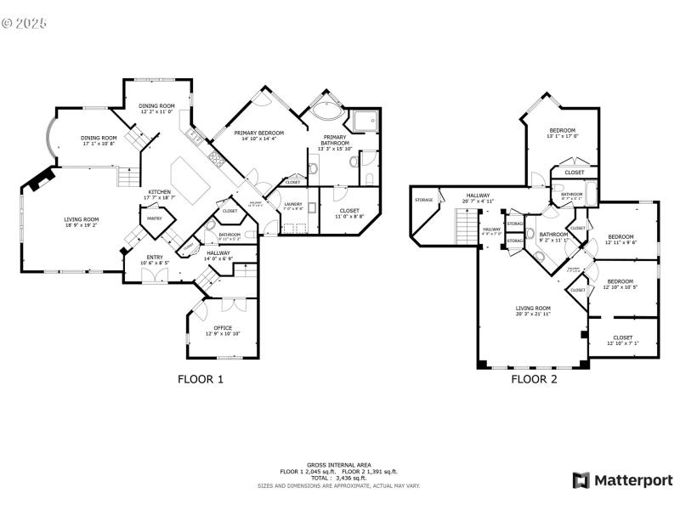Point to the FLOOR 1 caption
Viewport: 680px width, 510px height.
coord(200,380)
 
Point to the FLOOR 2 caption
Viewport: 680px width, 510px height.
coord(534,380)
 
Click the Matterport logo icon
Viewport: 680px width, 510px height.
coord(581,480)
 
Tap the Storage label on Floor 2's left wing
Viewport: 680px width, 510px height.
coord(423,200)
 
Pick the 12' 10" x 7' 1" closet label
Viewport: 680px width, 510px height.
coord(622,340)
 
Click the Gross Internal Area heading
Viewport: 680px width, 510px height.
coord(339,465)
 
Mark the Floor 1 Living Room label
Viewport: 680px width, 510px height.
coord(82,222)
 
